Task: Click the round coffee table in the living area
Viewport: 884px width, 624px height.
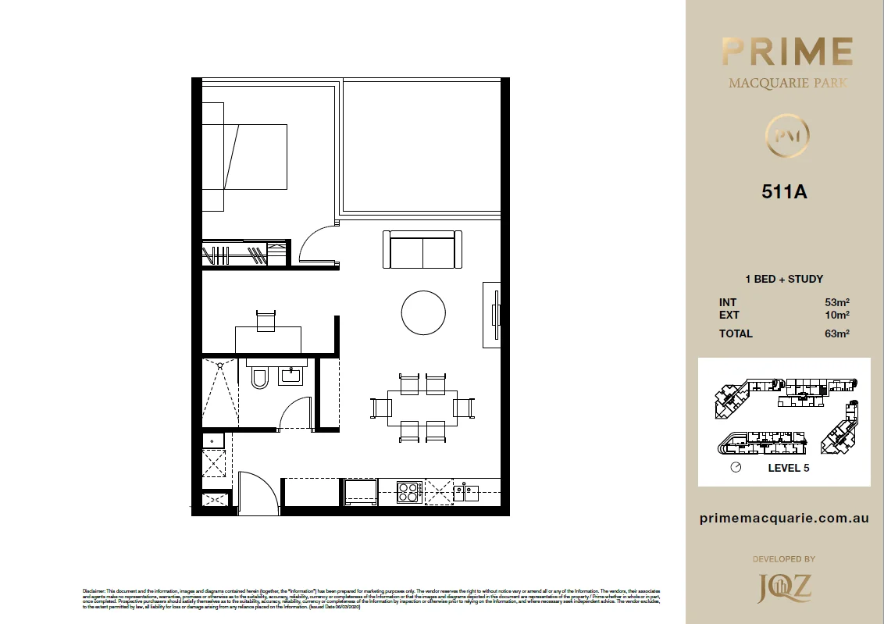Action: tap(423, 312)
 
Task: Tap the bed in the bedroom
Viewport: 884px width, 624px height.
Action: tap(244, 157)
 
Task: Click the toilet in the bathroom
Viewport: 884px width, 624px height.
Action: tap(259, 379)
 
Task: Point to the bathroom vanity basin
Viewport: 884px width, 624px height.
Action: tap(291, 376)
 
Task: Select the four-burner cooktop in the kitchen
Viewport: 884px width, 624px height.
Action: tap(408, 492)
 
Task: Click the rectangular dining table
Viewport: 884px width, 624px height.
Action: tap(422, 408)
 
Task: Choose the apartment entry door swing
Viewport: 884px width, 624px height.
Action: tap(258, 492)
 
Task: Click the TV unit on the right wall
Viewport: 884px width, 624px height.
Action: tap(492, 314)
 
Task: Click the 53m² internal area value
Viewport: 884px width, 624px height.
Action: tap(836, 302)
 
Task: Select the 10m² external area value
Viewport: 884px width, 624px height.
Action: tap(836, 316)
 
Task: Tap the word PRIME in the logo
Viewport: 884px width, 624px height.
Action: tap(786, 52)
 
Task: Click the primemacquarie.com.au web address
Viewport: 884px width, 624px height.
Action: tap(784, 519)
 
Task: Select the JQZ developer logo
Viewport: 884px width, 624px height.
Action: tap(784, 588)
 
